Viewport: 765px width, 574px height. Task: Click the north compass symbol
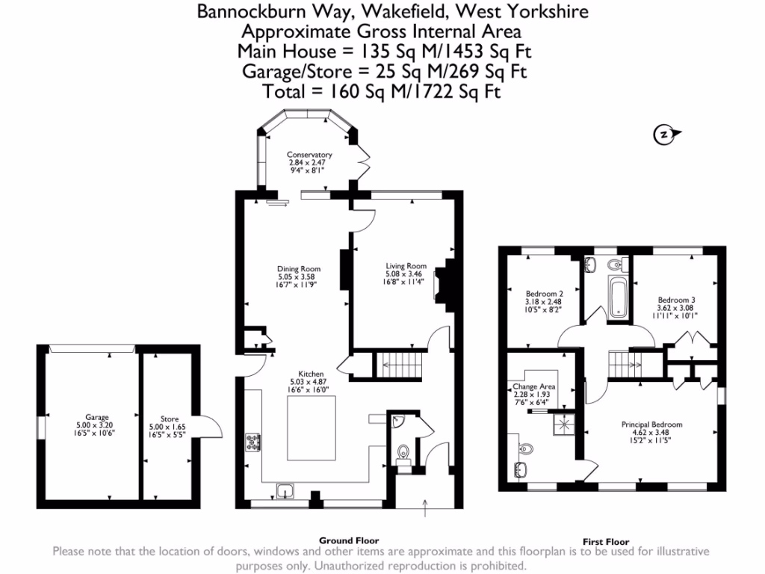[x=663, y=135]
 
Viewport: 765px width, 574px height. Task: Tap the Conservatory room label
[x=309, y=162]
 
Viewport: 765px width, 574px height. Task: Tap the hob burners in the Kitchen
[x=252, y=442]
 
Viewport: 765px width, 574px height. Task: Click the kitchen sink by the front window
[x=285, y=491]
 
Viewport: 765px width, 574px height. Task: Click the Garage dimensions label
[x=97, y=425]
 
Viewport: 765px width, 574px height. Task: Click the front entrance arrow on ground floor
[x=425, y=510]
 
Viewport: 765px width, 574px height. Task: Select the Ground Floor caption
[x=349, y=540]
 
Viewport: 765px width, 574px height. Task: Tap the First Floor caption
[x=605, y=542]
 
